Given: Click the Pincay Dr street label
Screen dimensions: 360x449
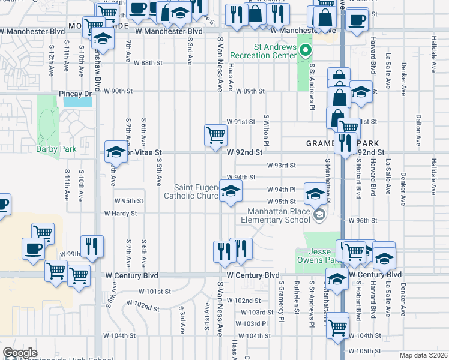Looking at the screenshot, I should (75, 94).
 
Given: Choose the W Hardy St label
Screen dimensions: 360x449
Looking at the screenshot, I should (121, 213).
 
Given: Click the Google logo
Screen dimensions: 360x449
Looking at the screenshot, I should (20, 353).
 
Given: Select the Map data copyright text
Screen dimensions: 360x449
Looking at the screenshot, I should (424, 355).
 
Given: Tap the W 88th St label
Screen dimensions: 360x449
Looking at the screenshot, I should (148, 63).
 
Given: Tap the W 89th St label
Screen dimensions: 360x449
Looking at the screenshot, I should (250, 91).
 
